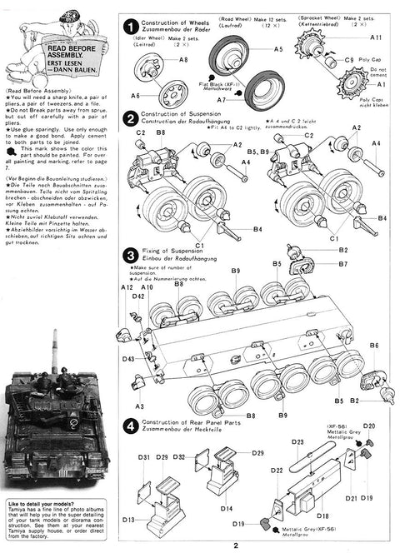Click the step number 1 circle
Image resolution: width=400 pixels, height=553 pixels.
click(130, 26)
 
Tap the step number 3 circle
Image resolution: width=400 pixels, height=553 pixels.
click(130, 254)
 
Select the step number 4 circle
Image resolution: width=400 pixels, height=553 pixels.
click(130, 425)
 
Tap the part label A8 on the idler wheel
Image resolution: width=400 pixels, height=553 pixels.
click(182, 60)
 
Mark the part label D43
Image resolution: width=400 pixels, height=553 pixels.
click(128, 359)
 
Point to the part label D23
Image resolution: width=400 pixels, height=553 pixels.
click(297, 442)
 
